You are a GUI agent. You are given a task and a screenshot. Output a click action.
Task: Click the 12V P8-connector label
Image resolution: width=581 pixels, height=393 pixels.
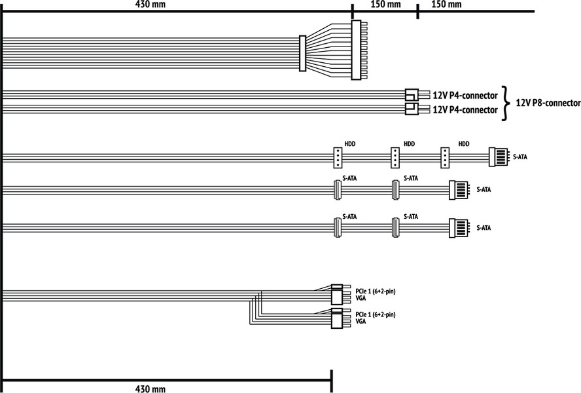tap(548, 103)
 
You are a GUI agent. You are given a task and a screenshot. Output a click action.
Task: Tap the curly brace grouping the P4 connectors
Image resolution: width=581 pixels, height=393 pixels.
tap(504, 103)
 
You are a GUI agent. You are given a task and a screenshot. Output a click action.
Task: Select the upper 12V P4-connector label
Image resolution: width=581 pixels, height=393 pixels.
tap(465, 96)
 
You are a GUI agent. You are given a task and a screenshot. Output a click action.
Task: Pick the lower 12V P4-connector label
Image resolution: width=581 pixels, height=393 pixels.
tap(465, 110)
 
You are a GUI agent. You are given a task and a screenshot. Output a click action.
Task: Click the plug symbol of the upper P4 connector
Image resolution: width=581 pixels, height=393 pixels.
tap(412, 96)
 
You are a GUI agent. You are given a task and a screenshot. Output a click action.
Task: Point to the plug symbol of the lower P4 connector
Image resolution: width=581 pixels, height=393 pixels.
tap(412, 109)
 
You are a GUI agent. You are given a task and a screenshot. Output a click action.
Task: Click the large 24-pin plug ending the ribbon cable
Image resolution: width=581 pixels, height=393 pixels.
tap(356, 50)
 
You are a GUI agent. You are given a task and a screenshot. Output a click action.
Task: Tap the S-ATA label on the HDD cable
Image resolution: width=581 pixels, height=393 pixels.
tap(521, 157)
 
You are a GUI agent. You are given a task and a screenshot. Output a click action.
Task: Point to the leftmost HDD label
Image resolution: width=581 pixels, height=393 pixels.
tap(349, 144)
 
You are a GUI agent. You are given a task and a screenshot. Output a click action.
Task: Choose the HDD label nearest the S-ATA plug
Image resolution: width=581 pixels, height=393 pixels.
tap(464, 144)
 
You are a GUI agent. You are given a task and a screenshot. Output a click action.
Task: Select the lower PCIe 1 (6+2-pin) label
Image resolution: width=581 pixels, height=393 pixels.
tap(376, 315)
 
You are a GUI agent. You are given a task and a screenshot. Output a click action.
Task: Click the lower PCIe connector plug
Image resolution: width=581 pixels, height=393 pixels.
tap(337, 319)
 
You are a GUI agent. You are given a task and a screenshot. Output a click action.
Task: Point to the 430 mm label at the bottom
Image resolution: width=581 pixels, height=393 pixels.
tap(150, 388)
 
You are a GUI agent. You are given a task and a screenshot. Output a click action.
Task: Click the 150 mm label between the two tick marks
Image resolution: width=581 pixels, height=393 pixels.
tap(385, 5)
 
